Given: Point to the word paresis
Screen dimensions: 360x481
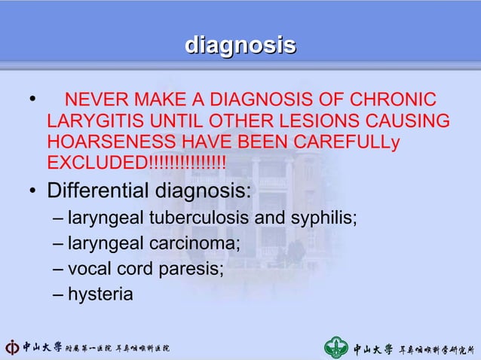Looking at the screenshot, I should pos(196,269).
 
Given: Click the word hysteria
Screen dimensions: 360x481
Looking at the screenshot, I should pos(100,294).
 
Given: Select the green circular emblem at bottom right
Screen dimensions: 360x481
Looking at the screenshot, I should pos(336,347).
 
